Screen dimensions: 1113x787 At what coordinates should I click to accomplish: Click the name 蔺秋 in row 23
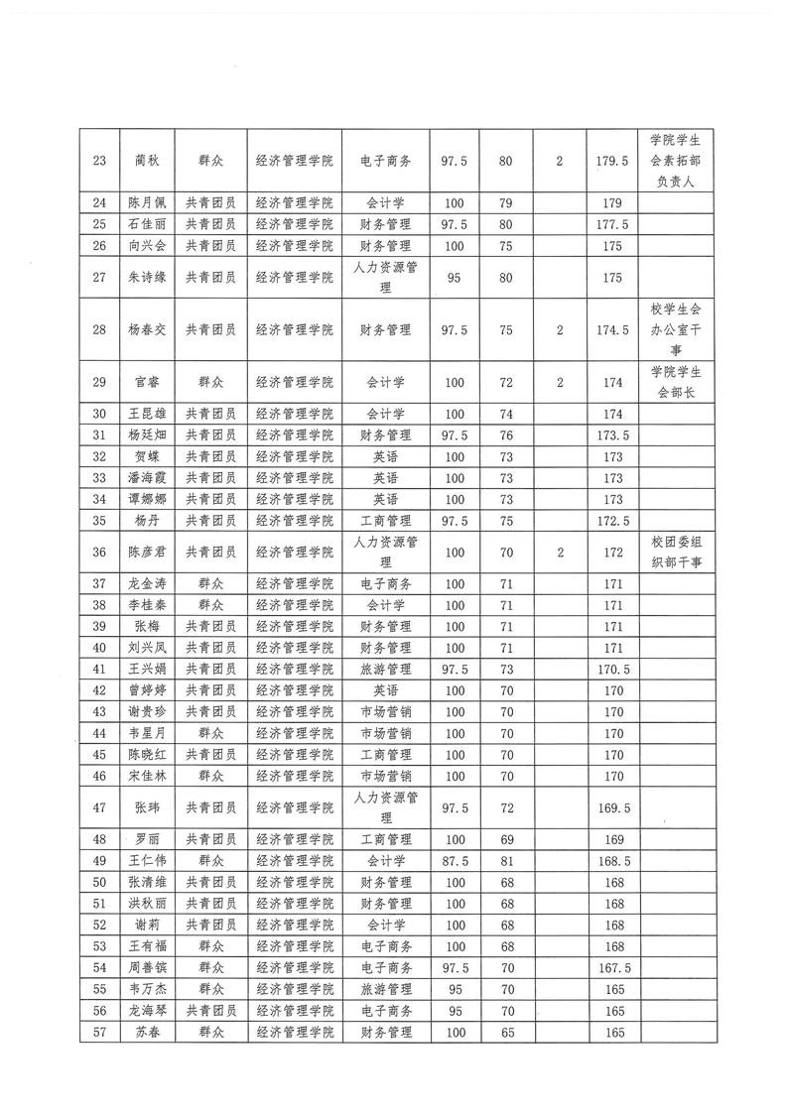click(x=147, y=160)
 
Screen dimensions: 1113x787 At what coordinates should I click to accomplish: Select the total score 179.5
click(x=612, y=160)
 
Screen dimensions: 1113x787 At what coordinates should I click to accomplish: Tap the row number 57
click(x=98, y=1033)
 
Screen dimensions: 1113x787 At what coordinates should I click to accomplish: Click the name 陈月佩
click(x=147, y=203)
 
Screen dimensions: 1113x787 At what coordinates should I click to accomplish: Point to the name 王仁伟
click(x=147, y=861)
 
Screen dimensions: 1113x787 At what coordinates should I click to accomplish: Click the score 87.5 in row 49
click(x=455, y=861)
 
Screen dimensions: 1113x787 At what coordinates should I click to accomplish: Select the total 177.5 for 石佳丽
click(x=612, y=224)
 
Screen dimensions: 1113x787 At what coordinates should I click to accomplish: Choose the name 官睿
click(x=147, y=382)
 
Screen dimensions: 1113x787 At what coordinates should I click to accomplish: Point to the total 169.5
click(x=612, y=807)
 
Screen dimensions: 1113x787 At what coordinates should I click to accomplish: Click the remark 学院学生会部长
click(x=677, y=382)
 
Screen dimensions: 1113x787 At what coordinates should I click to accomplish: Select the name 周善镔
click(x=147, y=967)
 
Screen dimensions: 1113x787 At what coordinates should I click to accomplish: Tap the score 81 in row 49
click(x=506, y=861)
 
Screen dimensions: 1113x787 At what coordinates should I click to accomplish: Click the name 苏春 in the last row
click(x=147, y=1033)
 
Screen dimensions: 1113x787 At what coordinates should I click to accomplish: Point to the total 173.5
click(x=612, y=435)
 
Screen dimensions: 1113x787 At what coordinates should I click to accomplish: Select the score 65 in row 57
click(x=506, y=1033)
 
